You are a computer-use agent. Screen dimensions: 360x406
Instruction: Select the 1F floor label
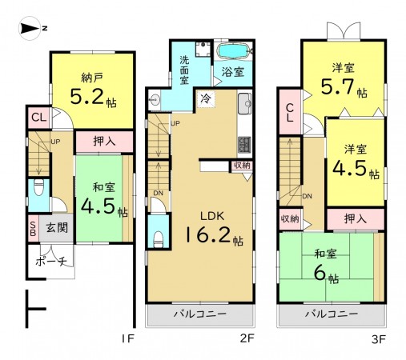click(x=127, y=338)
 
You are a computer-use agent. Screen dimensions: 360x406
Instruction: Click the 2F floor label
click(x=247, y=338)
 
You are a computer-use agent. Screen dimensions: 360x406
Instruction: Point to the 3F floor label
click(x=379, y=338)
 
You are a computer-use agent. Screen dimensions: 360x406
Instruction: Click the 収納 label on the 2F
click(x=241, y=166)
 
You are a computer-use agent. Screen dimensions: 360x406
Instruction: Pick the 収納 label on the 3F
click(x=289, y=218)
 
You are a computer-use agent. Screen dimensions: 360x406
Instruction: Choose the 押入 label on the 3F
click(x=356, y=218)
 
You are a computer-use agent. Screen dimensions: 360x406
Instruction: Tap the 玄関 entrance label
click(x=54, y=228)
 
